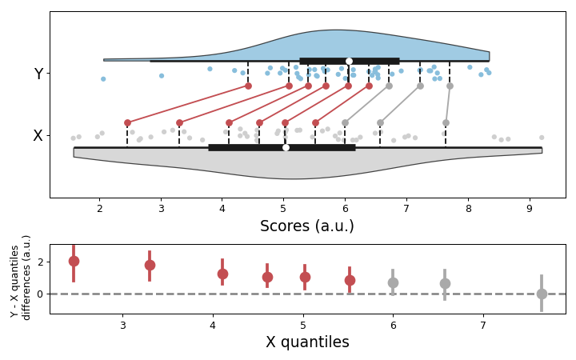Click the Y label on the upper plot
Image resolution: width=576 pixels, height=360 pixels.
[38, 74]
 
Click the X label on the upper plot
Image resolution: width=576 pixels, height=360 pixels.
[38, 136]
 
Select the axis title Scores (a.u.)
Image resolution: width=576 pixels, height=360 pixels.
[306, 226]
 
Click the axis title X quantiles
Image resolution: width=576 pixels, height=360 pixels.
[307, 342]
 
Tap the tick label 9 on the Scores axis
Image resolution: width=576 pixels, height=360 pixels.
[529, 209]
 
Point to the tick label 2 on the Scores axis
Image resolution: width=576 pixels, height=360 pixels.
[99, 209]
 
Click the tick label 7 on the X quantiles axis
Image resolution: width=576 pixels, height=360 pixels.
[482, 325]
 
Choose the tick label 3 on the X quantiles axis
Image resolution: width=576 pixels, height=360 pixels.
[122, 325]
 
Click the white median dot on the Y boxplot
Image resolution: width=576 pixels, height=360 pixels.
[349, 61]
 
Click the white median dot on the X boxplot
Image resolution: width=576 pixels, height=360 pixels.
[286, 147]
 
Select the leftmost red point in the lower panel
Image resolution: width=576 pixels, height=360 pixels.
[74, 262]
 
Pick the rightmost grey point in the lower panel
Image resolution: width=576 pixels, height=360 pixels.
[542, 294]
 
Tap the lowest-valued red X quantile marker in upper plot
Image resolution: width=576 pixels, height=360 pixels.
[127, 123]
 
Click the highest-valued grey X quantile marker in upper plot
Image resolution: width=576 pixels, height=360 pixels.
[446, 123]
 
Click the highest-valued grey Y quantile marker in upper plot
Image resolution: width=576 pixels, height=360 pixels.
[450, 86]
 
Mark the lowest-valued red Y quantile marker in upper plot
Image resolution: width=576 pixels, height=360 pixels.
[248, 86]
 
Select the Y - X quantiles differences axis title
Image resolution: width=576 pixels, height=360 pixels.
[21, 278]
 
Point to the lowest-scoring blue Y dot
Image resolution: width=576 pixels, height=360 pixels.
[103, 78]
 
